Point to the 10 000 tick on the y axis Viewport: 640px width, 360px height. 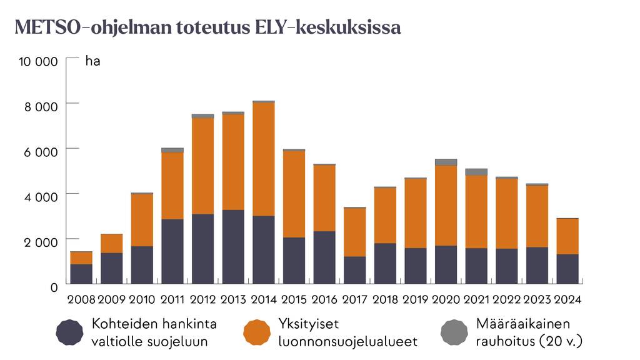click(x=39, y=61)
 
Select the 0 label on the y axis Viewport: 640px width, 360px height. click(x=55, y=286)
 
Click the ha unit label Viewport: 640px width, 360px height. click(x=92, y=61)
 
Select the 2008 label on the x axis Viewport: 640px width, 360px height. click(x=81, y=299)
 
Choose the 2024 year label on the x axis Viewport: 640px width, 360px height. click(x=567, y=299)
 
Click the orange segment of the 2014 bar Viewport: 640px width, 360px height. click(x=264, y=159)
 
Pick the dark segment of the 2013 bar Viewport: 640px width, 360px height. click(x=233, y=247)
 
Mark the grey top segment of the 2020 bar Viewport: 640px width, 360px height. click(x=446, y=162)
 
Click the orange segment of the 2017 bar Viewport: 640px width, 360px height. click(x=355, y=232)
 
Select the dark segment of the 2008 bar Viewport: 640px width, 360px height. click(x=81, y=274)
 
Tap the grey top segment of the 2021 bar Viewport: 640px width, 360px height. click(x=476, y=171)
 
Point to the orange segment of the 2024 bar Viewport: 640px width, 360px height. click(x=567, y=236)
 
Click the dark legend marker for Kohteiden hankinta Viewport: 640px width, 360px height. click(x=69, y=332)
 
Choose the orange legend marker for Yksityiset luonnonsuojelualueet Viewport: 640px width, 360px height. click(x=257, y=332)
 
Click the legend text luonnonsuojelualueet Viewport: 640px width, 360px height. click(x=347, y=342)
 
